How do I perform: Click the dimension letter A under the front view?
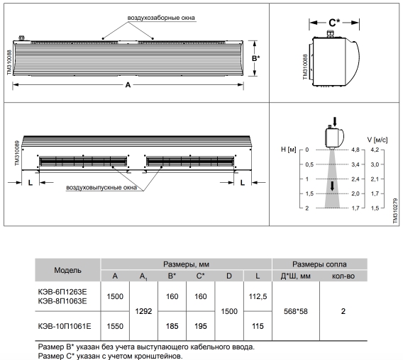point(128,85)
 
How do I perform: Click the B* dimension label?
point(255,59)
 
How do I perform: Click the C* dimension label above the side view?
point(334,23)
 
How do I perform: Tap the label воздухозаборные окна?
point(161,18)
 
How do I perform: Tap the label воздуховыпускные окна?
point(101,188)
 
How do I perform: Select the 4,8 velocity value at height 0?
point(355,150)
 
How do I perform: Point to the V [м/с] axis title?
point(377,140)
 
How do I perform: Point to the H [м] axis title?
point(289,150)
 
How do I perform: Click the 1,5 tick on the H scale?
point(310,193)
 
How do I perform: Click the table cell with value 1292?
point(143,312)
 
